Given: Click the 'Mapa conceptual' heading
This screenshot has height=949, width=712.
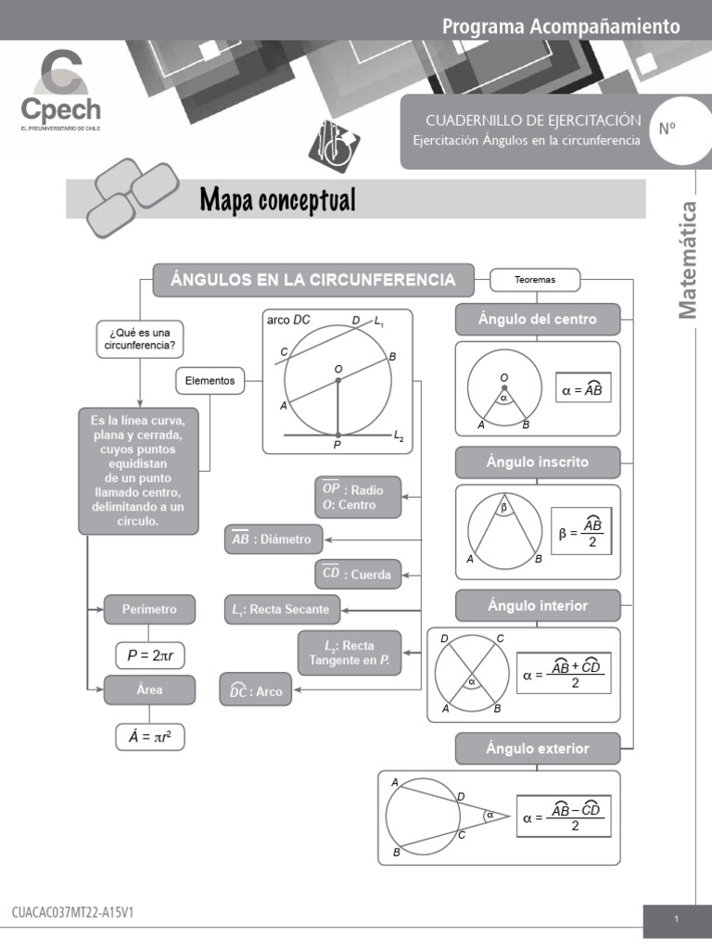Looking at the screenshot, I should coord(277,199).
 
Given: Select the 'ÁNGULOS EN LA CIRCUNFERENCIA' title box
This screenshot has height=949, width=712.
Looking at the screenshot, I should coord(312,280).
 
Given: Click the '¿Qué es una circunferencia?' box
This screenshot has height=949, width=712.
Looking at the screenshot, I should coord(140,339).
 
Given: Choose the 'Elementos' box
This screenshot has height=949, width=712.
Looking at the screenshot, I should coord(210,380).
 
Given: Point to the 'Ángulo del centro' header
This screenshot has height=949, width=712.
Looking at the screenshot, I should coord(537,320).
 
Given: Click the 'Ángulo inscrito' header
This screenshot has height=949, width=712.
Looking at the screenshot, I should coord(537,462).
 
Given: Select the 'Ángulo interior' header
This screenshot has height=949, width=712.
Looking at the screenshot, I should coord(537,606).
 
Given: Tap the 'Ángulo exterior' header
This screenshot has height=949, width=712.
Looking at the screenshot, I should coord(537,749).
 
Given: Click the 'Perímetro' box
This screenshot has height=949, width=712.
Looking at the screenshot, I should coord(149,610).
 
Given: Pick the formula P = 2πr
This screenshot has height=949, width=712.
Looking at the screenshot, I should coord(150,655).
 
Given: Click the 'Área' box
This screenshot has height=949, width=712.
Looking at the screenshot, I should coord(149,690).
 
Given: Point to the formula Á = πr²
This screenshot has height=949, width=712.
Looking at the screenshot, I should coord(150,738).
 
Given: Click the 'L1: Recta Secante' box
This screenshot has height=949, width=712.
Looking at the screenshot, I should coord(283,610).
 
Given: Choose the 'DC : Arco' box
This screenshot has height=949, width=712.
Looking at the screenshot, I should coord(255,691).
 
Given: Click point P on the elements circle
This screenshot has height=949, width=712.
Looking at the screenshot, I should coord(337,435).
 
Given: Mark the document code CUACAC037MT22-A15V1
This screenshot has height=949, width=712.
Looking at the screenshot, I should coord(73,913).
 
